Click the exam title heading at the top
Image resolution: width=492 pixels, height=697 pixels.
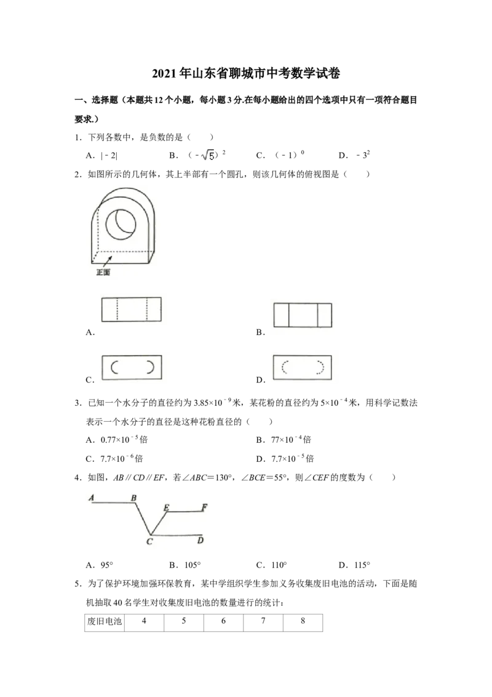(246, 73)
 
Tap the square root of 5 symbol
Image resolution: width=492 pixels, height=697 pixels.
(208, 155)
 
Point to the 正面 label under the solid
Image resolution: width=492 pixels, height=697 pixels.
(103, 272)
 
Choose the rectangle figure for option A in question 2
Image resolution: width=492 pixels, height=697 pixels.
(132, 309)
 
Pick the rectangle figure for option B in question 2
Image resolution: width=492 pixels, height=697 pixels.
(303, 315)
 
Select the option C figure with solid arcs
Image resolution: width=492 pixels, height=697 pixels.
(132, 367)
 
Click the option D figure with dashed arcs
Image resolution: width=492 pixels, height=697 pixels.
(303, 367)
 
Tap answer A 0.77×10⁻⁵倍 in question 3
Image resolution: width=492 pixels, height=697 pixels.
(117, 440)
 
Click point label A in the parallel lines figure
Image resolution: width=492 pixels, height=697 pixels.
(92, 498)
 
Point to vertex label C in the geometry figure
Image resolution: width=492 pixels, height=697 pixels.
(149, 541)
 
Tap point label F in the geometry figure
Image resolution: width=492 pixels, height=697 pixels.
(204, 507)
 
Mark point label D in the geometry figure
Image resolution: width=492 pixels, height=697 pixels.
(200, 540)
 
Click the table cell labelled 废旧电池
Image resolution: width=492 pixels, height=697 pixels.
(105, 622)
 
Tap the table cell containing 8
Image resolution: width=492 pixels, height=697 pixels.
(303, 622)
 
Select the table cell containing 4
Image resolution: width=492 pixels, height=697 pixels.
(144, 622)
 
